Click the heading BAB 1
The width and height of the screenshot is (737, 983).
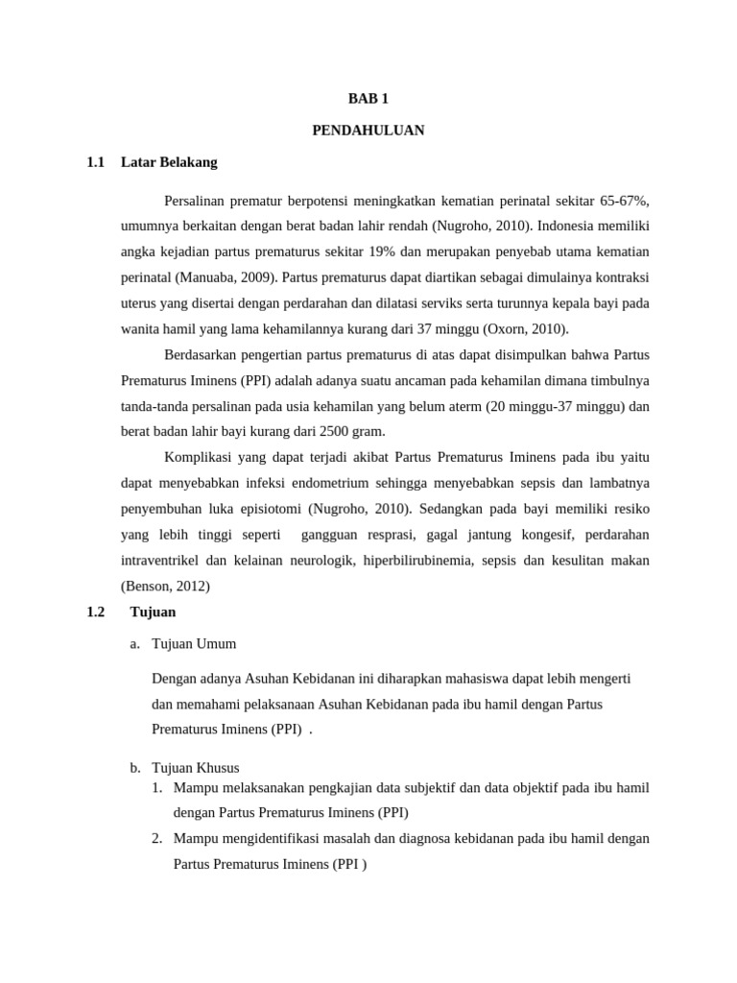368,98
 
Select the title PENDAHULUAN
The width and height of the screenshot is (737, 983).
368,131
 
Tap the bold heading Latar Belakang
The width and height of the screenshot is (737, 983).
169,162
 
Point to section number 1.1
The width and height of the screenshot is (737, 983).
95,162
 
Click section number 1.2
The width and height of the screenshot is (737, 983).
95,611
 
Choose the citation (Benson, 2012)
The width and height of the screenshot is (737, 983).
165,586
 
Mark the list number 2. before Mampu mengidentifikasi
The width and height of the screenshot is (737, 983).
158,838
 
